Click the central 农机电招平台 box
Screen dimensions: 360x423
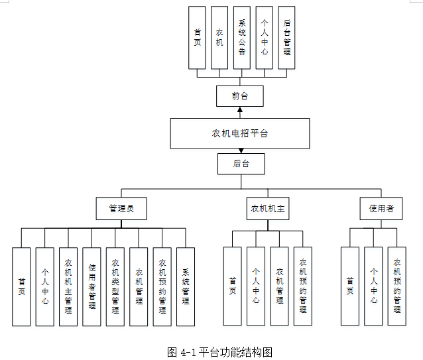(239, 133)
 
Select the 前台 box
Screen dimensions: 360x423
(239, 96)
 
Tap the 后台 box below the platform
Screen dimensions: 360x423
(241, 164)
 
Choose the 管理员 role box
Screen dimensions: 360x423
(121, 208)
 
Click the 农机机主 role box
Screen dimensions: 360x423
(267, 208)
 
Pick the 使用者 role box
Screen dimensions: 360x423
(381, 208)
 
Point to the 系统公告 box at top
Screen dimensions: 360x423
(242, 38)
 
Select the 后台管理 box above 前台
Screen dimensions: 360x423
(286, 38)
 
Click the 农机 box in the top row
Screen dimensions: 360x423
(219, 38)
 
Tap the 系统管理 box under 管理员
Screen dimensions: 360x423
(186, 286)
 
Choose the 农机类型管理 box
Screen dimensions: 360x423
(115, 286)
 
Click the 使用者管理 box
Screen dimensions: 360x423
(92, 286)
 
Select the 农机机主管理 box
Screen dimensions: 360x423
(68, 286)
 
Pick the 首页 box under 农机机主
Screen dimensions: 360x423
(232, 286)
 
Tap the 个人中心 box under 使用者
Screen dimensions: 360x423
(373, 286)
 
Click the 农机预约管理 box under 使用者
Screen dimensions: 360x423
(396, 286)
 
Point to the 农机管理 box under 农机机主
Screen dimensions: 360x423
(279, 286)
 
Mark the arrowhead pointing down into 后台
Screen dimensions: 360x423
(241, 151)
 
